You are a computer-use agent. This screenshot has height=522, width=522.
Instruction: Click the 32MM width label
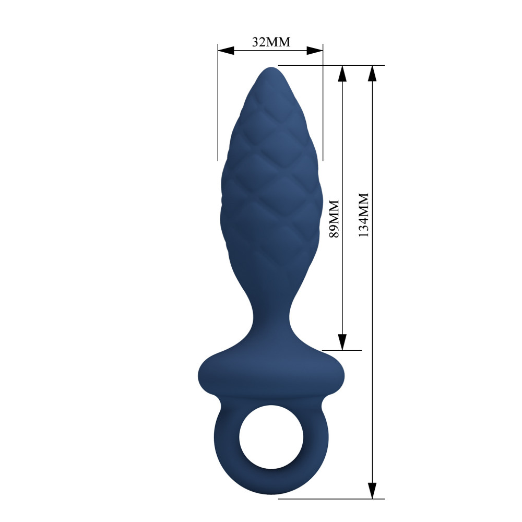270,42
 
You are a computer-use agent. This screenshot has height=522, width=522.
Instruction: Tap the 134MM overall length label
363,215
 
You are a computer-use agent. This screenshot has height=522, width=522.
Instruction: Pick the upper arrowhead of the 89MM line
342,74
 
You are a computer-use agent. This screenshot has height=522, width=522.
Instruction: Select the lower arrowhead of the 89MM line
342,342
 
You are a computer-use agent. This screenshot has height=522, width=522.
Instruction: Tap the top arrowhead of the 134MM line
372,74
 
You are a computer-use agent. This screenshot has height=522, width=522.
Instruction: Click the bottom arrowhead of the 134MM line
372,490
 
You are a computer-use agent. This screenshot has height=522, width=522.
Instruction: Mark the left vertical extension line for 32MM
218,104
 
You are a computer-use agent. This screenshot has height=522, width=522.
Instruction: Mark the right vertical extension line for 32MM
323,104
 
